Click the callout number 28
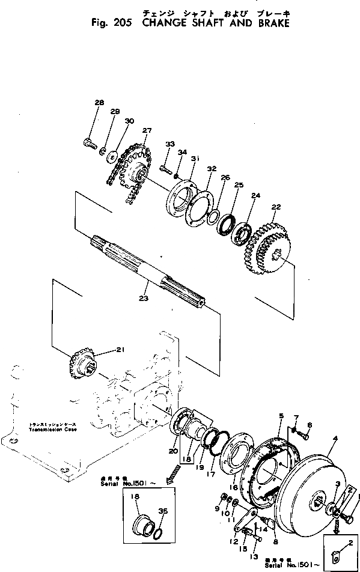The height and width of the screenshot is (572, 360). tap(99, 103)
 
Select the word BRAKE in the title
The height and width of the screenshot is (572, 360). tap(269, 23)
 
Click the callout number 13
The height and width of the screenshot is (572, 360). tap(252, 540)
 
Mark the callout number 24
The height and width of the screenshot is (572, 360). tap(256, 196)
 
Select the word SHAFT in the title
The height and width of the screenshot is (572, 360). tap(208, 23)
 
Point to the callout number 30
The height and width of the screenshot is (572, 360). tap(128, 121)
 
